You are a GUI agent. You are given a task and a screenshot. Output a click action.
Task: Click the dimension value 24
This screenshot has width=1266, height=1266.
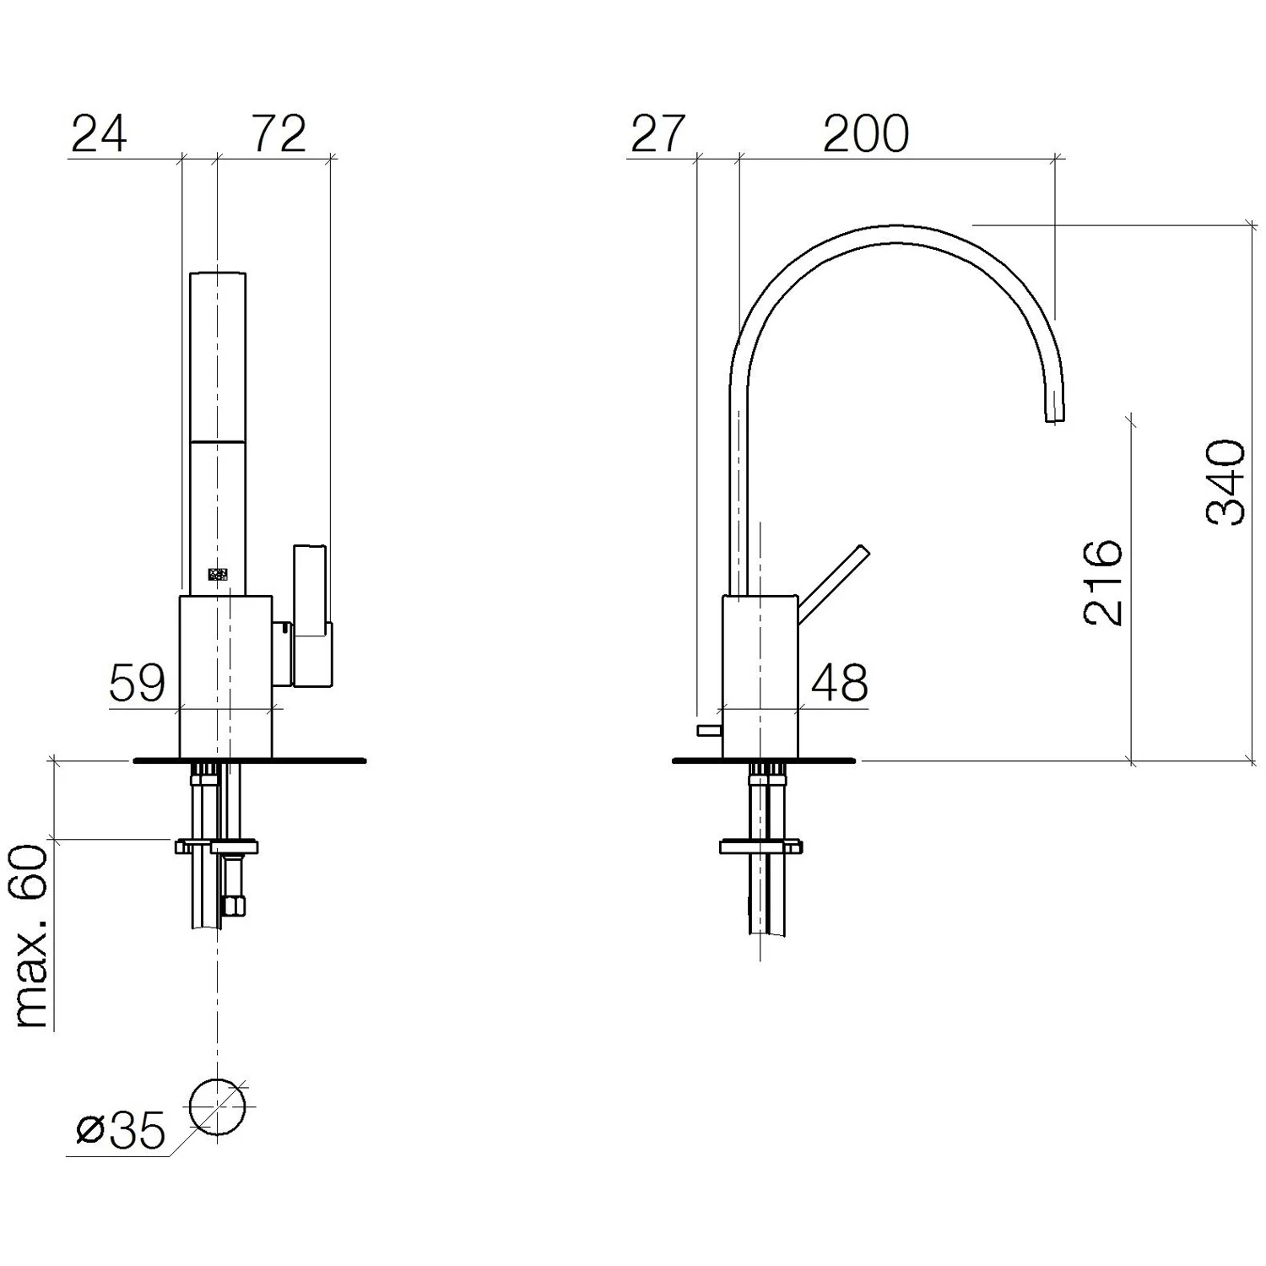(x=99, y=133)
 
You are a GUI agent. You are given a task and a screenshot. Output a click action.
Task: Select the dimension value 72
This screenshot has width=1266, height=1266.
(x=278, y=133)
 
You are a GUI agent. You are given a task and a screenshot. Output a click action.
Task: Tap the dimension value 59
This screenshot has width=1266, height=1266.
(x=137, y=683)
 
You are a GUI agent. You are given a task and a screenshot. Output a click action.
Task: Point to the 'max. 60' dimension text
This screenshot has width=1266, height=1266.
(x=35, y=936)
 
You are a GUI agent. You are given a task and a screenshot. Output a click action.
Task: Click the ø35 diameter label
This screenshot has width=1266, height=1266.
(x=121, y=1131)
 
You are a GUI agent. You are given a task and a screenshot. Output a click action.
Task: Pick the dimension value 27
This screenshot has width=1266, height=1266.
(x=657, y=133)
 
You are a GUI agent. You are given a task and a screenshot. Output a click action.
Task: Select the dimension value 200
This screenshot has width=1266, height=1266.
(x=866, y=133)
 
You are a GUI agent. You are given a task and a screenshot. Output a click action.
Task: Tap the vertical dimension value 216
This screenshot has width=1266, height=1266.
(x=1103, y=582)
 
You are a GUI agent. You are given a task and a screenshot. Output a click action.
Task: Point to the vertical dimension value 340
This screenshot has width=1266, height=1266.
(x=1225, y=483)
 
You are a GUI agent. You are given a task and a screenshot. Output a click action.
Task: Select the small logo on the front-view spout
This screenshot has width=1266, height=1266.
(x=218, y=574)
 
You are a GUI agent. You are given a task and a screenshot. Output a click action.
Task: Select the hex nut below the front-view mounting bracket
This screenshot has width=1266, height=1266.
(x=232, y=906)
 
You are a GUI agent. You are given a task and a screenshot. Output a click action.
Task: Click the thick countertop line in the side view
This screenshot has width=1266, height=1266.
(x=764, y=761)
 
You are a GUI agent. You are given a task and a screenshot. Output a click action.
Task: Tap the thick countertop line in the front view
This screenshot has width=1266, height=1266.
(x=250, y=761)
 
